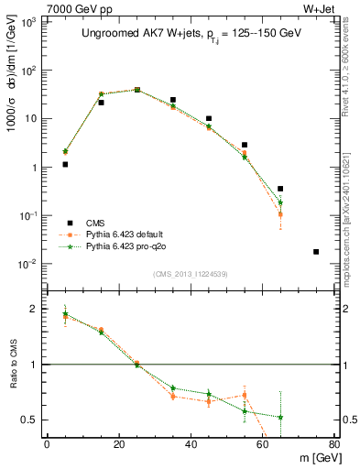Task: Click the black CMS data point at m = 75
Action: (x=316, y=252)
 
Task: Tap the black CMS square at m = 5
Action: (x=65, y=165)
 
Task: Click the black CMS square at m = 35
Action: (x=173, y=100)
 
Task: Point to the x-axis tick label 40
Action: (x=191, y=444)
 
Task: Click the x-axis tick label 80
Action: (x=334, y=444)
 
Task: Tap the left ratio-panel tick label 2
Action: (x=36, y=310)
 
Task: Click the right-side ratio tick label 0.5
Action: (x=346, y=420)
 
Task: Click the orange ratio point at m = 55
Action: (x=245, y=395)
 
